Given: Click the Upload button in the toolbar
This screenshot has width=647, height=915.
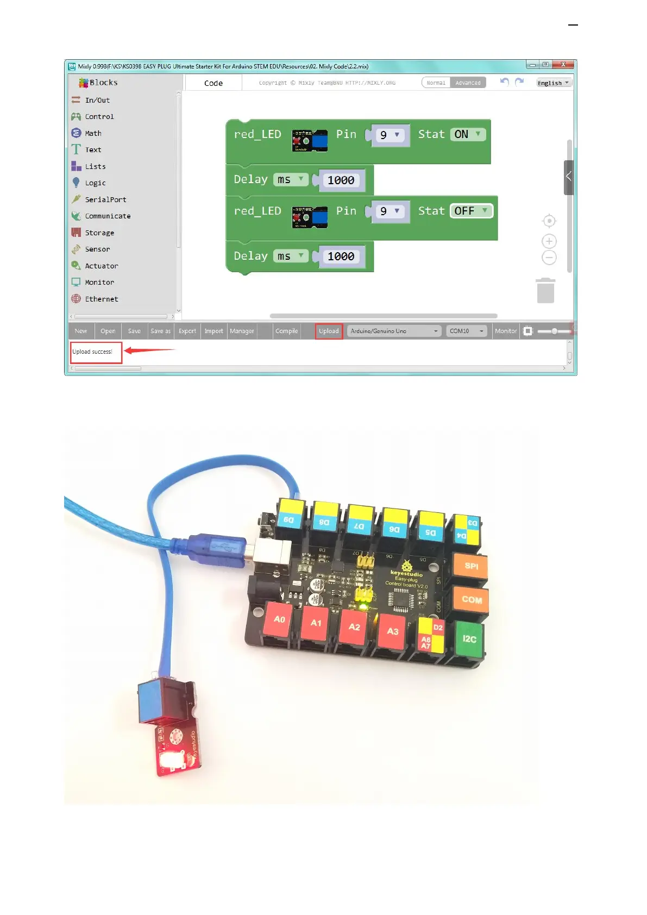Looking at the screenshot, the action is pyautogui.click(x=329, y=331).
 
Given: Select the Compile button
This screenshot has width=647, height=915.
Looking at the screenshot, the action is pyautogui.click(x=286, y=331).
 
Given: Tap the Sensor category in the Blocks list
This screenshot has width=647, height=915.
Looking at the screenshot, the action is pyautogui.click(x=97, y=249).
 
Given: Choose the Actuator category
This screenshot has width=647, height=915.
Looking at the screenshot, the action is pyautogui.click(x=101, y=266).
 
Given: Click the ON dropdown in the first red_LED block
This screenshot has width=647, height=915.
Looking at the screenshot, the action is pyautogui.click(x=468, y=134).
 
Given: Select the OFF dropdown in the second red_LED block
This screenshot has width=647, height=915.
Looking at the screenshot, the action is pyautogui.click(x=471, y=211).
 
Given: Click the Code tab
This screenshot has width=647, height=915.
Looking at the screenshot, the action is pyautogui.click(x=213, y=83).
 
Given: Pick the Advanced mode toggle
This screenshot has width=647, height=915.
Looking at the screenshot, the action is pyautogui.click(x=468, y=83).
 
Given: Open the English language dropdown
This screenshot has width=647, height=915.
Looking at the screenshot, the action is pyautogui.click(x=554, y=83).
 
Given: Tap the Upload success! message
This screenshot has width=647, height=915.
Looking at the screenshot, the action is pyautogui.click(x=92, y=352).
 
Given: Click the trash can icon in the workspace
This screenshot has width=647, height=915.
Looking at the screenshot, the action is pyautogui.click(x=545, y=291).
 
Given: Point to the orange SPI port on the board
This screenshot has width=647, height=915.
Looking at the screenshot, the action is pyautogui.click(x=471, y=567).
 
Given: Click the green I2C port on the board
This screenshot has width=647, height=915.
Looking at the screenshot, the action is pyautogui.click(x=469, y=639).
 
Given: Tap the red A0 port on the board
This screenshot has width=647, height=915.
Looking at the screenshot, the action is pyautogui.click(x=279, y=619).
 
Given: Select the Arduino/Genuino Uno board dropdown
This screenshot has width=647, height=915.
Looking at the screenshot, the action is pyautogui.click(x=394, y=331).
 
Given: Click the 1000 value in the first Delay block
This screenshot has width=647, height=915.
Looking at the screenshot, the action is pyautogui.click(x=341, y=180).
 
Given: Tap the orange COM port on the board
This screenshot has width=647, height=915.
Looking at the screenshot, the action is pyautogui.click(x=472, y=600).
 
